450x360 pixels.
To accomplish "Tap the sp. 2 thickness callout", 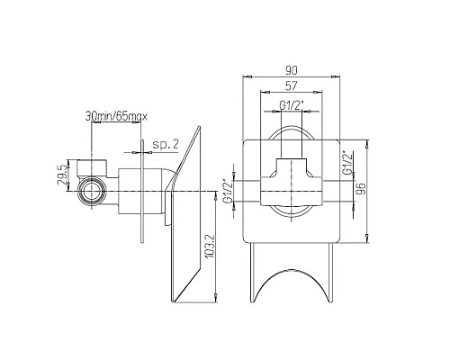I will [165, 144].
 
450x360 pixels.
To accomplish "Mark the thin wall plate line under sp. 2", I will [140, 202].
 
